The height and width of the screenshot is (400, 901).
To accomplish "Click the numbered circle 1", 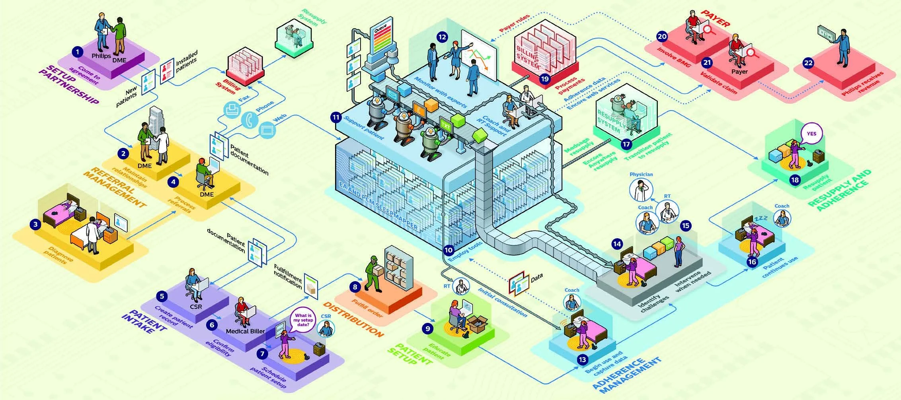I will click(77, 51).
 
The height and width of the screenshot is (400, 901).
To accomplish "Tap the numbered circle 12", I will click(442, 37).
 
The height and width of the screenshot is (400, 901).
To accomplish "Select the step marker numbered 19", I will click(545, 78).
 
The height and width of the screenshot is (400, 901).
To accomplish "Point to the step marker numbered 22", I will click(808, 63).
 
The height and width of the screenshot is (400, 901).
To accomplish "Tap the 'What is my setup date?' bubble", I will click(303, 320).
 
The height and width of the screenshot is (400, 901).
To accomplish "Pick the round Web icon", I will click(267, 130).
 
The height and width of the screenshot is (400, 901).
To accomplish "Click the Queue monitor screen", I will click(381, 39).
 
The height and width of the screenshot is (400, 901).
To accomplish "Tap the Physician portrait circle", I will click(641, 190).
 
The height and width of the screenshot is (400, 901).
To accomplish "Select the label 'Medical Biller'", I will click(245, 331).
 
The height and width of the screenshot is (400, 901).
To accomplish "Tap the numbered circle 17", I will click(626, 144).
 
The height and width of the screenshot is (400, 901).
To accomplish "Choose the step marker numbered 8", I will click(355, 287).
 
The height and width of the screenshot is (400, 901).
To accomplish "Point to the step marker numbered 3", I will click(35, 224).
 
